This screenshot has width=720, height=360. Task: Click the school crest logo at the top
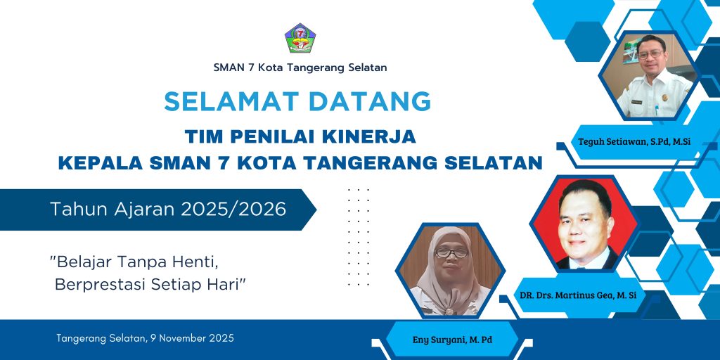point(300,38)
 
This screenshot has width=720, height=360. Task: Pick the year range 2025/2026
point(233,210)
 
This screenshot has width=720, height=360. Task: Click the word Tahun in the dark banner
point(75,210)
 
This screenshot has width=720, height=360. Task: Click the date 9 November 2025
point(192,338)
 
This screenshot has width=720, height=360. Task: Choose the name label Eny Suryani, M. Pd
point(452,340)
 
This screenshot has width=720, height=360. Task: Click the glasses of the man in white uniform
point(650,53)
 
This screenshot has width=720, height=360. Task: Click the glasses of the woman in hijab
point(451,252)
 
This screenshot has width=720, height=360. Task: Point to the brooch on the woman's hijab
point(449,311)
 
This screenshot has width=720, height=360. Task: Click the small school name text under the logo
point(300,67)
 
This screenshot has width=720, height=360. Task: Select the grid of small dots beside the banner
point(359,237)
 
